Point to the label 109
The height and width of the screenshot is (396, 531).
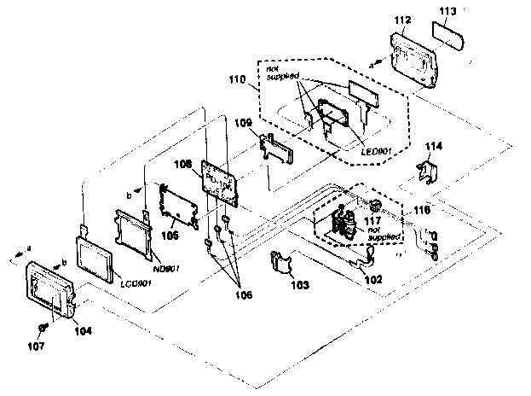tap(243, 125)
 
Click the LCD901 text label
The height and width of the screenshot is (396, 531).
tap(136, 282)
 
